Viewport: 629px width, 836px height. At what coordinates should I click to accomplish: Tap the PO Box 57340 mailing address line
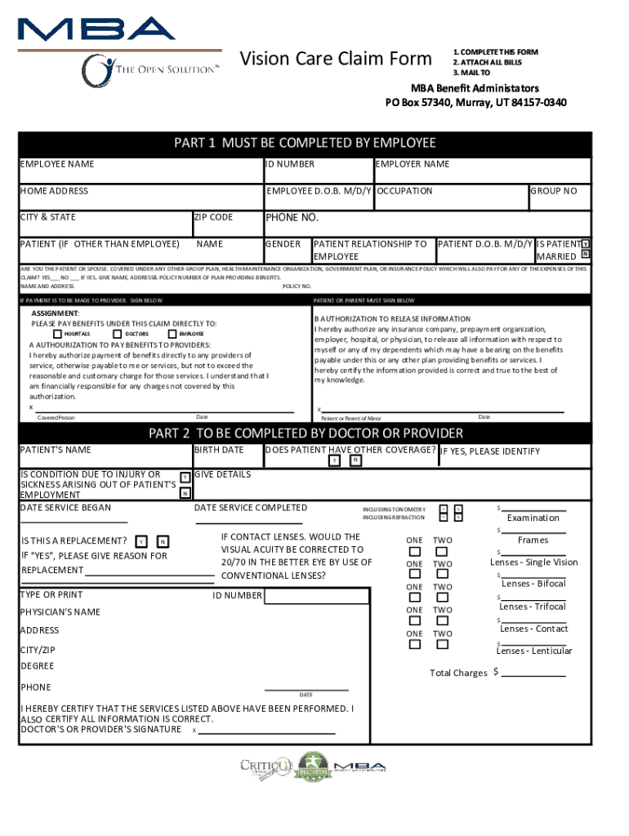(x=475, y=103)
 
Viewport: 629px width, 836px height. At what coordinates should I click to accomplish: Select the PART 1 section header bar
(x=305, y=144)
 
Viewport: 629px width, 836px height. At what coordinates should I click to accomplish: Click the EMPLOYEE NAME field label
(x=57, y=164)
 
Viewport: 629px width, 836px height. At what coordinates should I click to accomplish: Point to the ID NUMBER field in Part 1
(x=290, y=164)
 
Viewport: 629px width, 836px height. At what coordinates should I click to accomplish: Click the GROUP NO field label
(x=554, y=191)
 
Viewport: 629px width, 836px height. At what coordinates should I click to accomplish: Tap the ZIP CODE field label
(x=214, y=217)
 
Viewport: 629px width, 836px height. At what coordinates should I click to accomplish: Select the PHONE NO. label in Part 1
(x=292, y=218)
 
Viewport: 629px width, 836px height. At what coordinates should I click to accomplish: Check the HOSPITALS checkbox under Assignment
(x=57, y=334)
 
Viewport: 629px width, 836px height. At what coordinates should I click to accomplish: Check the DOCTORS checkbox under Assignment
(x=118, y=334)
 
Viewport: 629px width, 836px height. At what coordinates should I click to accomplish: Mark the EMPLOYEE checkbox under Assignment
(x=172, y=334)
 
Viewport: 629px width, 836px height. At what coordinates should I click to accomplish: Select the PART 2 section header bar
(x=305, y=433)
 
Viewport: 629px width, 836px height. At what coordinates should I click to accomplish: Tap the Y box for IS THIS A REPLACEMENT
(x=142, y=542)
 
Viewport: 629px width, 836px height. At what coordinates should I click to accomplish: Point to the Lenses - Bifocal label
(x=533, y=584)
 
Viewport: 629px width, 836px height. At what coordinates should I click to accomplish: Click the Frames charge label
(x=533, y=540)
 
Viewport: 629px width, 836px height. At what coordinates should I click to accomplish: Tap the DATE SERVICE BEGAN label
(x=65, y=508)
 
